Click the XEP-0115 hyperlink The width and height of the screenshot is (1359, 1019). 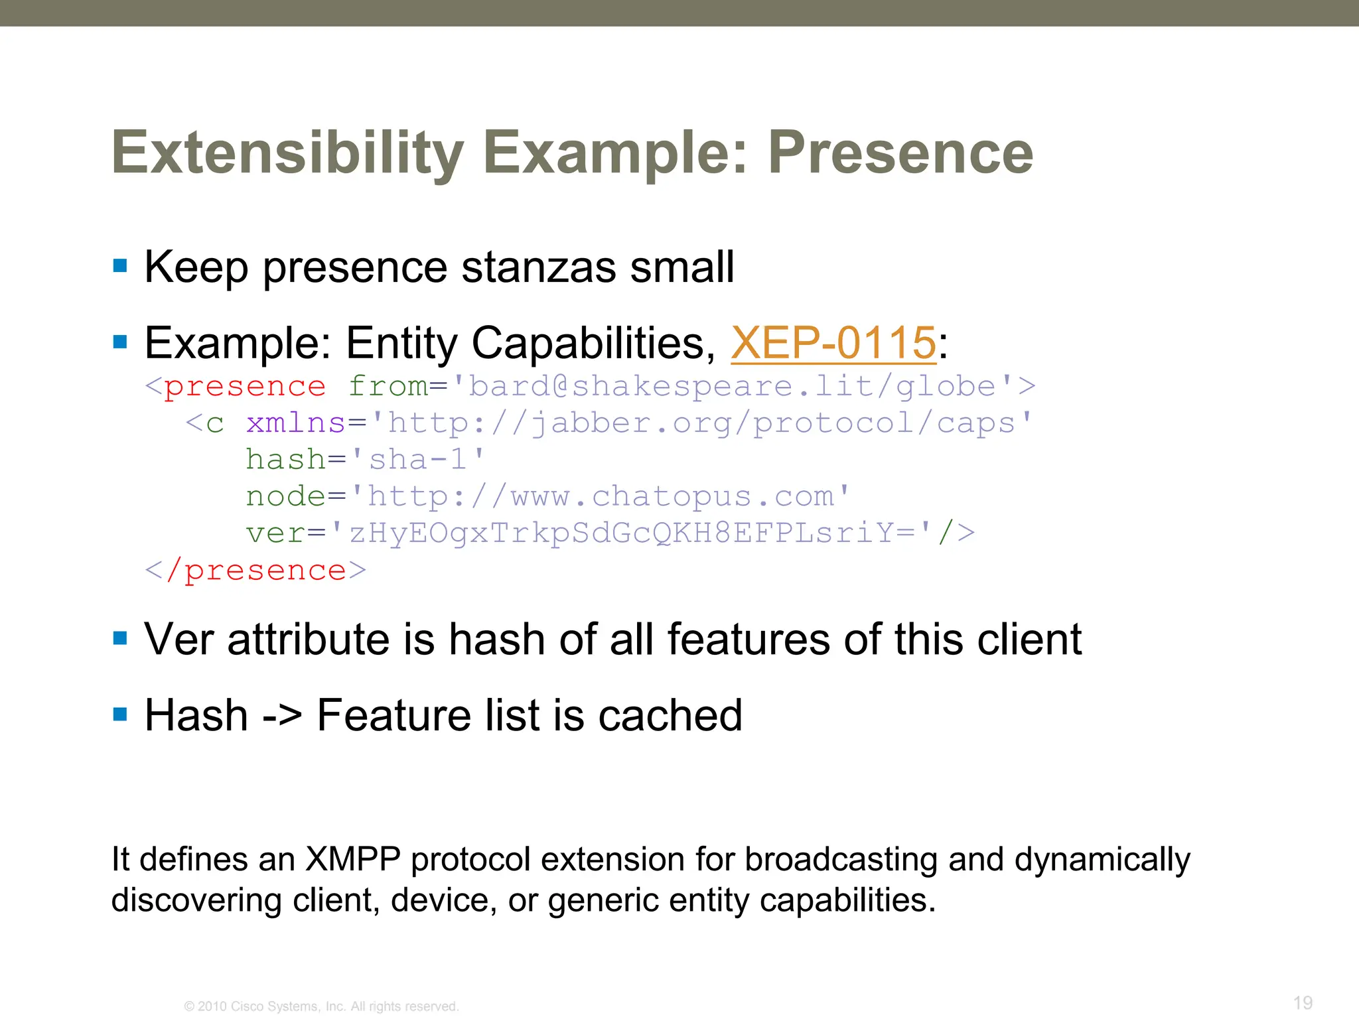(x=833, y=344)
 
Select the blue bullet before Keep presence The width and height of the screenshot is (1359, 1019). (x=120, y=267)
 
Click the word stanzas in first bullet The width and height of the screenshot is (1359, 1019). (x=538, y=267)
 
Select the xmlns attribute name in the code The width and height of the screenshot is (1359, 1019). (x=295, y=423)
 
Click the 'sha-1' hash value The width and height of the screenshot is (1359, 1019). (x=418, y=460)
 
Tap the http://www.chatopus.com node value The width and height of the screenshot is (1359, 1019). (x=601, y=496)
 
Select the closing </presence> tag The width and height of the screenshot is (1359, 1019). (x=255, y=571)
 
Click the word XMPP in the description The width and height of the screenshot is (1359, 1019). (x=352, y=859)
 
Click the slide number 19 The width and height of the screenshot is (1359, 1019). (x=1303, y=1002)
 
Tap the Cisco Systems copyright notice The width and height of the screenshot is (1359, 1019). (x=321, y=1006)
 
